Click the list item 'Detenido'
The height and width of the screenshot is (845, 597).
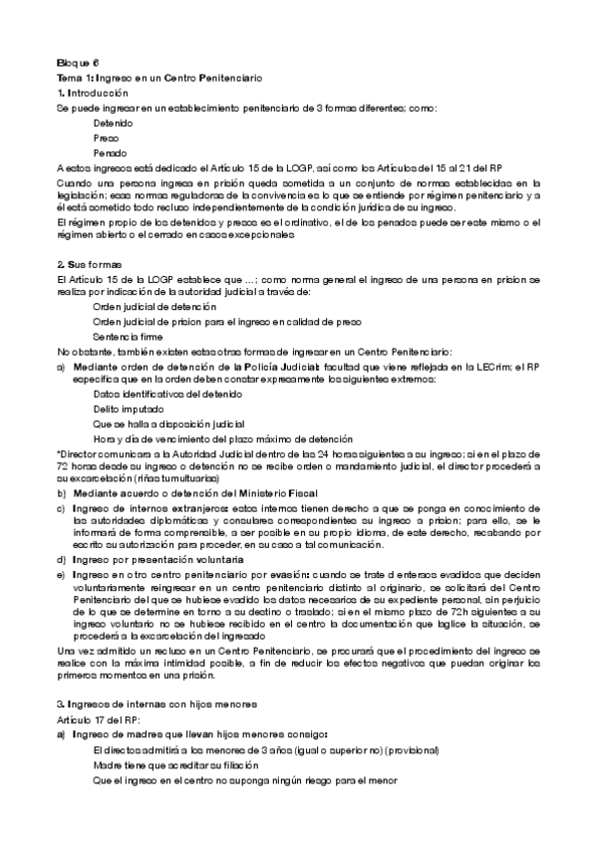click(x=113, y=123)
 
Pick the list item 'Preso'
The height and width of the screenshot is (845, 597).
click(x=106, y=139)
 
